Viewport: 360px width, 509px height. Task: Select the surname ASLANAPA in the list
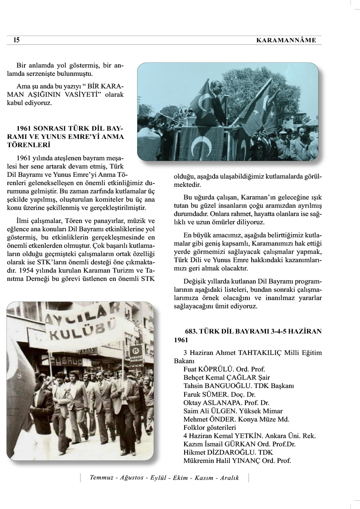tap(222, 403)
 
